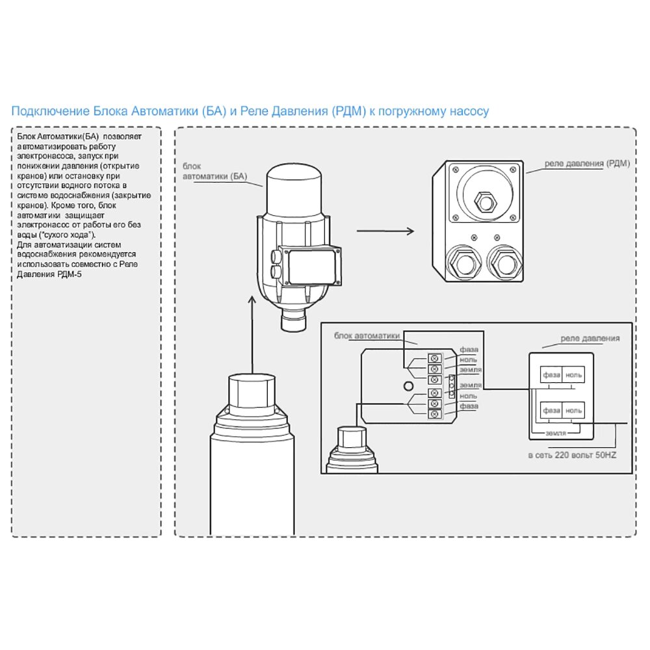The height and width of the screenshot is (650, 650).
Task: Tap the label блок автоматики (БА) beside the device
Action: [215, 172]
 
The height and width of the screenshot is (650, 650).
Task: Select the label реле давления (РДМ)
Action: [586, 163]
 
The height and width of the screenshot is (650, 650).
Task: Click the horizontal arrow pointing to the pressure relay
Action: [385, 231]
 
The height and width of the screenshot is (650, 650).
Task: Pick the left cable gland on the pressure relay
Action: [463, 261]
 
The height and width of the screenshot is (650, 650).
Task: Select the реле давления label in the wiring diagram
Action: [590, 339]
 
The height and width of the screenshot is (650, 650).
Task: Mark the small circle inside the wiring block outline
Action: [409, 386]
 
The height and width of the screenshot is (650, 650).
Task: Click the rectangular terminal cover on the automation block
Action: [310, 266]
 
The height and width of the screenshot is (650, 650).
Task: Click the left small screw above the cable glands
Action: [474, 237]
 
